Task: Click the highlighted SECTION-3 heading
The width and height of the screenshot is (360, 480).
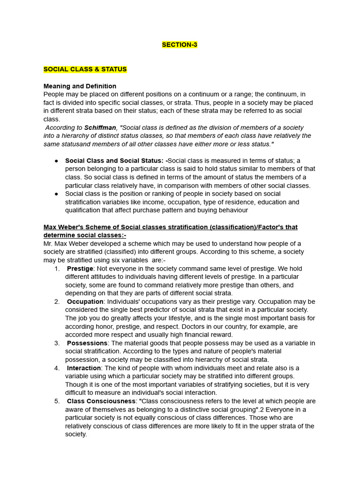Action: pyautogui.click(x=180, y=45)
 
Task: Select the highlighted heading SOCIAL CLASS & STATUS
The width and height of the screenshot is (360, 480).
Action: pyautogui.click(x=85, y=69)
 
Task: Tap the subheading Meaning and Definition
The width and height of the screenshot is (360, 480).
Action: pyautogui.click(x=80, y=86)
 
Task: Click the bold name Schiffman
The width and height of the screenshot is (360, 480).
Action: pyautogui.click(x=100, y=127)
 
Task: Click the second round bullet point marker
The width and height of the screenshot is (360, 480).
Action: pyautogui.click(x=56, y=194)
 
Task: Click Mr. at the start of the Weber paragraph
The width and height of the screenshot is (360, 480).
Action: pyautogui.click(x=49, y=244)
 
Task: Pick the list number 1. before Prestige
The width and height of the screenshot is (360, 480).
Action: pyautogui.click(x=57, y=269)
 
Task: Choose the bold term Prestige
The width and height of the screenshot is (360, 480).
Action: pyautogui.click(x=80, y=269)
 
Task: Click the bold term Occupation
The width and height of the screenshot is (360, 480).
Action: pyautogui.click(x=85, y=302)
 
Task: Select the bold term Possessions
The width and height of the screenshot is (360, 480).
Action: pyautogui.click(x=87, y=343)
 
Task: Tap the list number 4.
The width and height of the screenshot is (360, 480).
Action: pyautogui.click(x=57, y=368)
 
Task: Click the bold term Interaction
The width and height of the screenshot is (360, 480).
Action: pyautogui.click(x=84, y=368)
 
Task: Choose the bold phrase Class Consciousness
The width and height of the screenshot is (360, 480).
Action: pyautogui.click(x=101, y=401)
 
